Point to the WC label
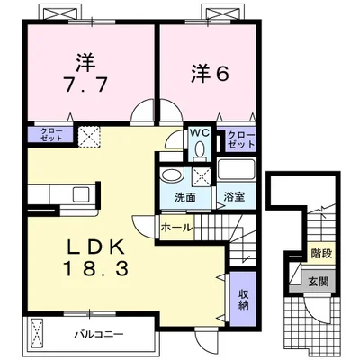point(199,136)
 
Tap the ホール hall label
point(175,228)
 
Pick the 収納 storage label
point(244,299)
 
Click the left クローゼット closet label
point(45,136)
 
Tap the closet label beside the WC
point(240,139)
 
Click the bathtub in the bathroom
point(236,171)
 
